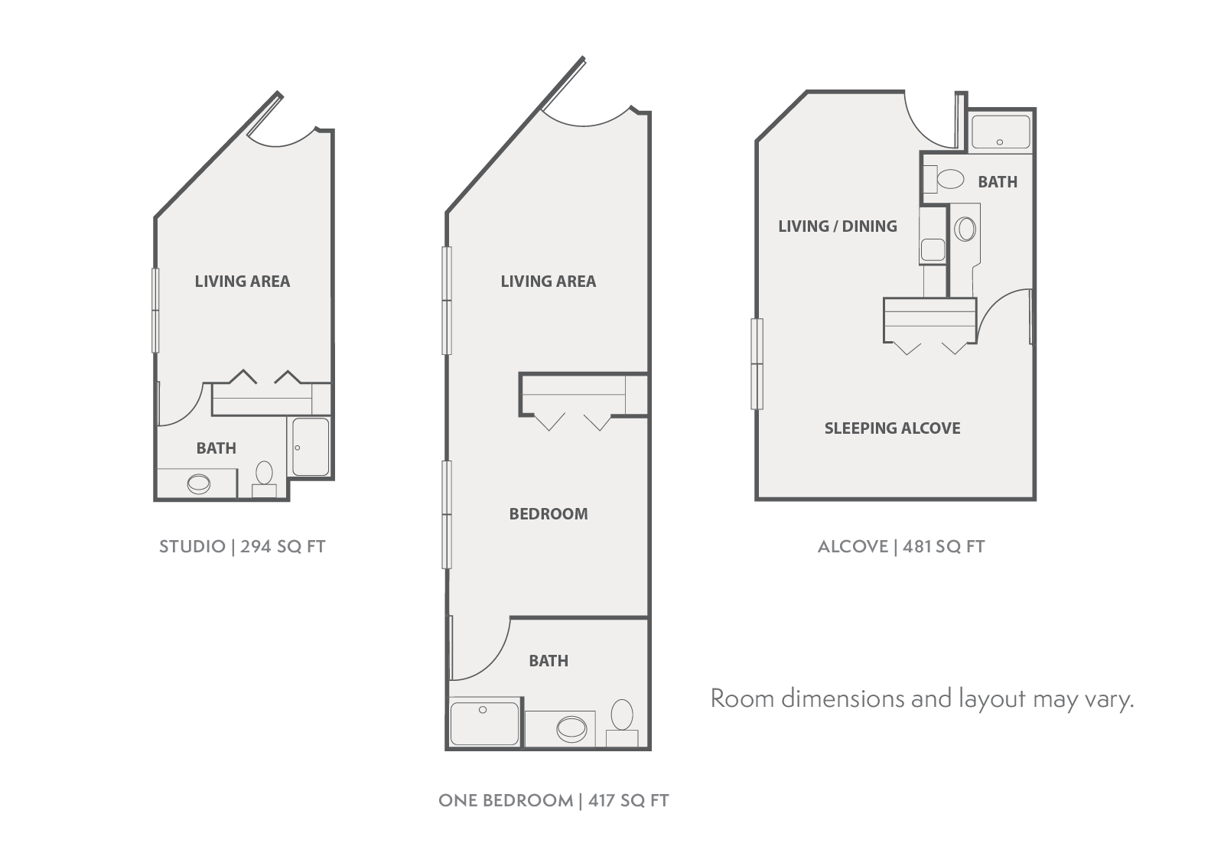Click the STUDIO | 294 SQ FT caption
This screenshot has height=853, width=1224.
click(242, 546)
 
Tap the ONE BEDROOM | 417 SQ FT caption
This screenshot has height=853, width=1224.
click(553, 800)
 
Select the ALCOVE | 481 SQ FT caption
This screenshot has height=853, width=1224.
click(900, 546)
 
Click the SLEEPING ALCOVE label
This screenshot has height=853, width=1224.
click(892, 428)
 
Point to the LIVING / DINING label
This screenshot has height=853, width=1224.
click(837, 226)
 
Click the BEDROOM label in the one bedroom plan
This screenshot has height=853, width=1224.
click(549, 514)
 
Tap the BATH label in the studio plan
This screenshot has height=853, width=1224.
click(216, 448)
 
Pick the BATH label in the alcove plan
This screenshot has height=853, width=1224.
click(997, 182)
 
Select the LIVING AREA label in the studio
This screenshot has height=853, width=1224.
click(242, 282)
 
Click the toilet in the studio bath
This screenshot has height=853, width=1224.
click(264, 475)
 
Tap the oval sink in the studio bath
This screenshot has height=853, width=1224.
click(199, 483)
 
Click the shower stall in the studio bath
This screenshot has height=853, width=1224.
click(311, 447)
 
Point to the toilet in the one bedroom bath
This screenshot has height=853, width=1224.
click(622, 718)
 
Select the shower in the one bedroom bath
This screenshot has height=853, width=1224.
click(484, 724)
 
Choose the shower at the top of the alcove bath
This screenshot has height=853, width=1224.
click(1001, 132)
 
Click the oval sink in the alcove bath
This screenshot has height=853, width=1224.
click(965, 229)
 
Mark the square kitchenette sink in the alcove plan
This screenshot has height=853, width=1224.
click(933, 249)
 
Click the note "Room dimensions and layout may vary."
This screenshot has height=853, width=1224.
click(922, 698)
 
